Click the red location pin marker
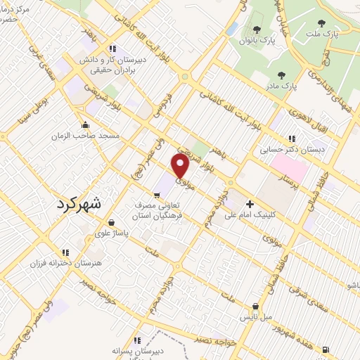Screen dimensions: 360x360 (x=181, y=165)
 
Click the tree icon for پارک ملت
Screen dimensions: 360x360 (x=321, y=23)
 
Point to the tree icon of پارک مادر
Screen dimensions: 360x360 (x=282, y=75)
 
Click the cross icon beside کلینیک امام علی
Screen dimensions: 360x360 (x=250, y=204)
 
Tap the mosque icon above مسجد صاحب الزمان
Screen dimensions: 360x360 (x=90, y=122)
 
